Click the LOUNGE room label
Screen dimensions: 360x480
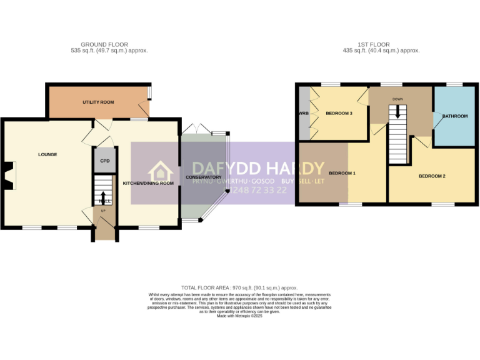click(x=47, y=154)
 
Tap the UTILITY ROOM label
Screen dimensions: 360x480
click(x=98, y=102)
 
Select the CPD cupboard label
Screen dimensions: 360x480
click(x=104, y=161)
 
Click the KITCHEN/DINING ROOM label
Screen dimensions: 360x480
click(x=148, y=183)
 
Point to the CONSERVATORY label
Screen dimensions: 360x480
click(x=204, y=177)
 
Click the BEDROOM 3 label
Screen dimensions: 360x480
click(x=339, y=113)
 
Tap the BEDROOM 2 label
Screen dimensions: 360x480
click(x=432, y=176)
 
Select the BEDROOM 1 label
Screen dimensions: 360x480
click(x=342, y=173)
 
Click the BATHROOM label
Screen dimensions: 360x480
click(x=455, y=116)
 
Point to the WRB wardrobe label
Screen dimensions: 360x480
click(x=304, y=113)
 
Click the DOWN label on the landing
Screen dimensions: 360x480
click(x=397, y=99)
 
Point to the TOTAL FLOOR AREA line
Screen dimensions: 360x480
click(x=240, y=287)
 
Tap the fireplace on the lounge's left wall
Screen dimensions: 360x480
click(x=9, y=174)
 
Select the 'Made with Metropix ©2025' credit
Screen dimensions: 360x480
click(x=239, y=316)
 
